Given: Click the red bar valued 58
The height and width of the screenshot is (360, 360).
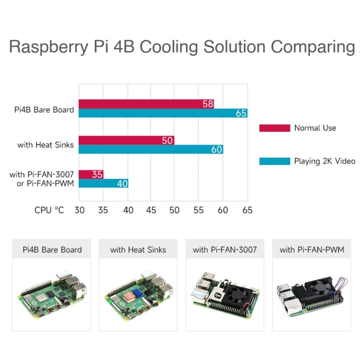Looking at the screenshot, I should (x=146, y=104).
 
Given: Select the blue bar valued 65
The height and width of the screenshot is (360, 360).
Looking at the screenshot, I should (x=163, y=113).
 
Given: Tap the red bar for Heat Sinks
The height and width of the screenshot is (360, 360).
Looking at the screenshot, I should (x=126, y=140).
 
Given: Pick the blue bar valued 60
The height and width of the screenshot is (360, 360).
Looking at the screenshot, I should (x=151, y=149).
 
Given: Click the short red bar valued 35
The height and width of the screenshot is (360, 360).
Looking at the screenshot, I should (x=91, y=174).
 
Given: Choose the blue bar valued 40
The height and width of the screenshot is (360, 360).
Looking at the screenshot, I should (x=103, y=183).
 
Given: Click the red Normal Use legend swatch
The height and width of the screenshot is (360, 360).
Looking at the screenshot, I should (x=275, y=128).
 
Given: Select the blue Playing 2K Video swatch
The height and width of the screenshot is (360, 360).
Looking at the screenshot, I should (x=275, y=161).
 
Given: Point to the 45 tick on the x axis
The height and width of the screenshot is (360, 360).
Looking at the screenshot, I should (x=151, y=210).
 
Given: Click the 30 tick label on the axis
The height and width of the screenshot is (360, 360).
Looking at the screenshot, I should (x=80, y=210).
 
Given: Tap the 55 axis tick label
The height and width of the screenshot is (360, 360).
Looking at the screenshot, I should (x=198, y=210).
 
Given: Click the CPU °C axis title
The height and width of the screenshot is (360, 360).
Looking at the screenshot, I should (x=49, y=210).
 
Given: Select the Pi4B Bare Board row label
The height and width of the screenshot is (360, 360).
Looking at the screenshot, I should (x=44, y=109).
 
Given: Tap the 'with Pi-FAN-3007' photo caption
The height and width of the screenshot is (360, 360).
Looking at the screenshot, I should (x=225, y=250).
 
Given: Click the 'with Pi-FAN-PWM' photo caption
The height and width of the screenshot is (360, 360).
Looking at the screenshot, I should (x=312, y=250).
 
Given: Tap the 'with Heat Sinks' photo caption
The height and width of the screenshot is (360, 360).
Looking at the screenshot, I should (x=138, y=250).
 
